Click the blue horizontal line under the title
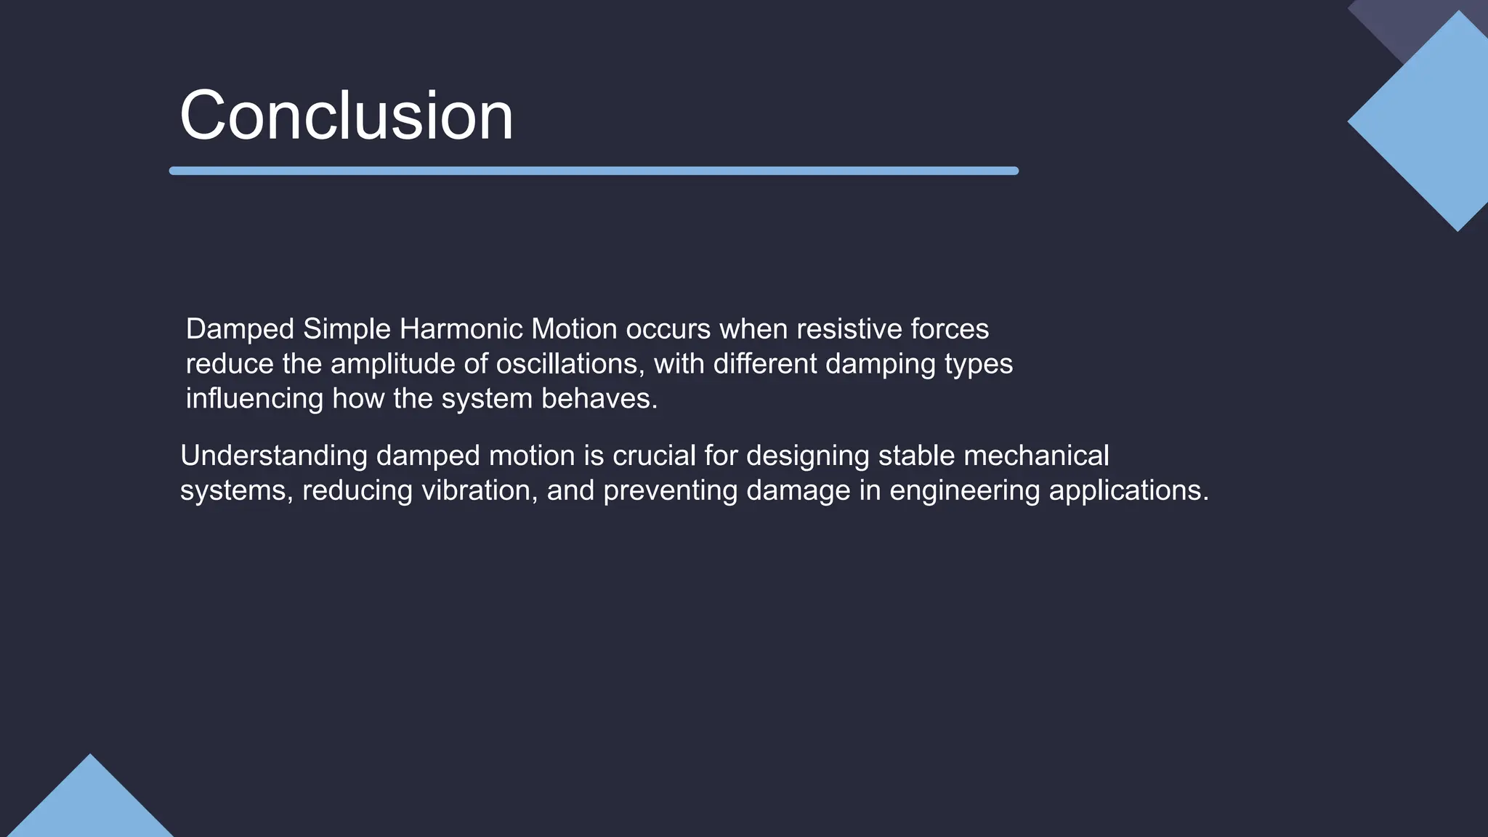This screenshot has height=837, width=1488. pyautogui.click(x=594, y=171)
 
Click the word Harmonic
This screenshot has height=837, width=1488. pyautogui.click(x=461, y=329)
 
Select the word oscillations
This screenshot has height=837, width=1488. pyautogui.click(x=569, y=364)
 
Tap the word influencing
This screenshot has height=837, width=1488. pyautogui.click(x=254, y=399)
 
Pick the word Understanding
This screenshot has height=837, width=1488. pyautogui.click(x=274, y=456)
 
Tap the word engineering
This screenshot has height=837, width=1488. pyautogui.click(x=964, y=490)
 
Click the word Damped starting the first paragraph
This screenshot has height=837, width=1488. pyautogui.click(x=240, y=329)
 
